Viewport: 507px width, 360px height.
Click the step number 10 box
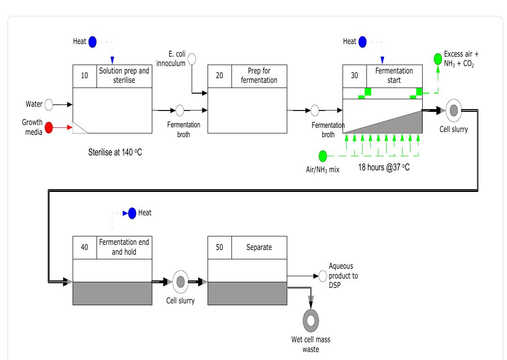85,76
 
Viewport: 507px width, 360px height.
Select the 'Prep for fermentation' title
259,76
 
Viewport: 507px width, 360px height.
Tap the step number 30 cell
355,76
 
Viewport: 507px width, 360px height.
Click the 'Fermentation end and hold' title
124,247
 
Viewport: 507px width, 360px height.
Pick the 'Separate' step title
259,247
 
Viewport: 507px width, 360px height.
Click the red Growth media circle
49,127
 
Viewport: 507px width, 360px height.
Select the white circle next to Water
49,104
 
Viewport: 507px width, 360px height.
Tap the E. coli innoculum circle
192,59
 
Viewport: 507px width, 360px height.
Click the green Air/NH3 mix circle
323,155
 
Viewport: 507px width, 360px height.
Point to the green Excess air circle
438,59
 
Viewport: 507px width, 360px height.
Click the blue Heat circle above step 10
92,42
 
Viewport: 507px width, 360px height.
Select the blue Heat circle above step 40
133,213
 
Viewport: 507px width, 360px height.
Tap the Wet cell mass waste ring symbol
310,321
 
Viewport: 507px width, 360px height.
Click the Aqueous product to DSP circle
322,276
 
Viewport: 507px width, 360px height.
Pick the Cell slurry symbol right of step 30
454,110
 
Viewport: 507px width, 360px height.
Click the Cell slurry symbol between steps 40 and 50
180,282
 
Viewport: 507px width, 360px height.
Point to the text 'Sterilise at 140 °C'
115,152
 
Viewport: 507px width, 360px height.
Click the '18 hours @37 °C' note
384,167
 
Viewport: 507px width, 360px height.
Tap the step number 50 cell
219,247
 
